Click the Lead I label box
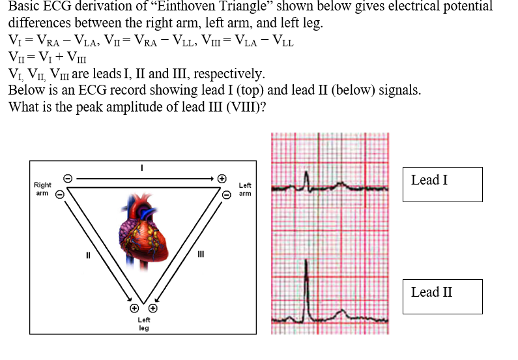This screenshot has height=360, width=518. point(442,184)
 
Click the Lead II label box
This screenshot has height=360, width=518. point(442,296)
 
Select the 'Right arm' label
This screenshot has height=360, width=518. point(42,189)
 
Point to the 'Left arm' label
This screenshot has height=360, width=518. point(245,189)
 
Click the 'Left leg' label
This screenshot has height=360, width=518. point(144,324)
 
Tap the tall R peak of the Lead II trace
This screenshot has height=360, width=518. point(306,262)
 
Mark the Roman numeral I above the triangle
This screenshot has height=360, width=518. point(143,168)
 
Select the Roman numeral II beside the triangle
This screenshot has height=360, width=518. point(89,255)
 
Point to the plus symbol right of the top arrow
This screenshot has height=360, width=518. point(222,177)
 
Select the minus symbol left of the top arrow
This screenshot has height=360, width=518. point(65,177)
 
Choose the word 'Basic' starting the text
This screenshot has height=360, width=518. point(23,7)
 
